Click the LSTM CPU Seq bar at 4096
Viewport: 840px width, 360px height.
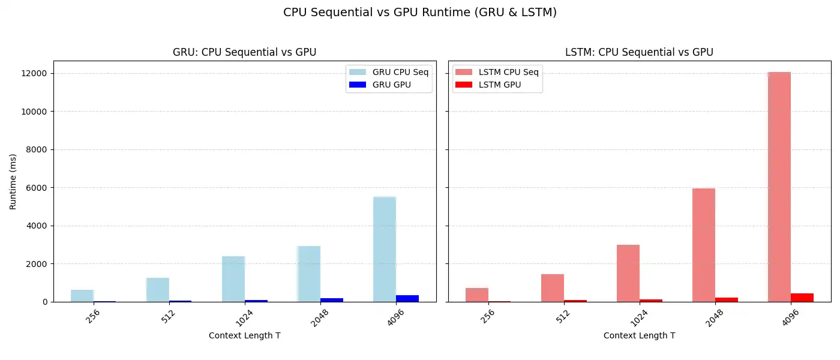(x=779, y=187)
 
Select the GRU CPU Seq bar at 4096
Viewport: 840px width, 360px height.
(x=384, y=249)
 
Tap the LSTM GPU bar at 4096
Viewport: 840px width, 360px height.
(x=802, y=298)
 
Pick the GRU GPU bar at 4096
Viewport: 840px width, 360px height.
(x=407, y=298)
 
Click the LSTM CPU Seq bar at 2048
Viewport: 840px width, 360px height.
(x=703, y=245)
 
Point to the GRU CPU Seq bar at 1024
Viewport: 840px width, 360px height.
(x=233, y=279)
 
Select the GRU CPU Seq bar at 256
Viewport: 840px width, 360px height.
(x=82, y=296)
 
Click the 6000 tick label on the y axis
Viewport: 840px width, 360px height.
(x=37, y=188)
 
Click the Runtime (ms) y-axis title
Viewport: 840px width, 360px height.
(x=13, y=181)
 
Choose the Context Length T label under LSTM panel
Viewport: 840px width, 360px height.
(x=639, y=335)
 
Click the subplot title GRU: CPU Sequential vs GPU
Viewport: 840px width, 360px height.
(x=244, y=52)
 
